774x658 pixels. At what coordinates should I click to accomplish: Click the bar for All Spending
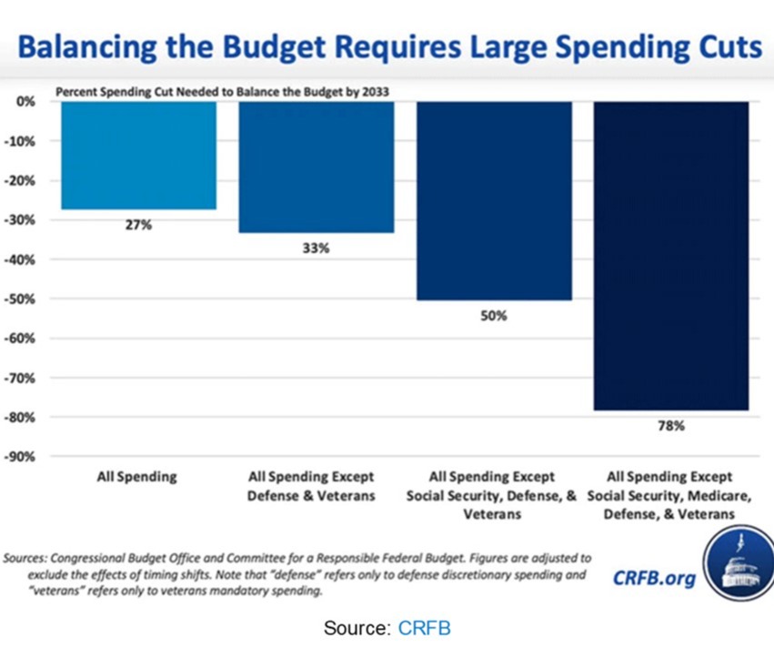(x=139, y=155)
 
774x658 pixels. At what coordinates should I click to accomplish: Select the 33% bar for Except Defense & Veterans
(x=317, y=167)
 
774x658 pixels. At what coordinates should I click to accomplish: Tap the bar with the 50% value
(x=494, y=200)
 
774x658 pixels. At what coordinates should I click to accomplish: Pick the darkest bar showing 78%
(x=671, y=256)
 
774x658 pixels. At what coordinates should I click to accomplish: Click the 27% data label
(x=138, y=226)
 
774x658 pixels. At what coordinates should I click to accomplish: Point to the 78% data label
(x=671, y=426)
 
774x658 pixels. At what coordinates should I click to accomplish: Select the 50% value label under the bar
(x=494, y=316)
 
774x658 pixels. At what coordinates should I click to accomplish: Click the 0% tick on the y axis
(x=25, y=101)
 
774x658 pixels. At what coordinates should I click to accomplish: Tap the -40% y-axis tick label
(x=20, y=260)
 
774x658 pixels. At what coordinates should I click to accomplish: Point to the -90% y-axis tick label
(x=20, y=457)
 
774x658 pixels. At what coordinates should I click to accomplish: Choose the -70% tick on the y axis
(x=20, y=379)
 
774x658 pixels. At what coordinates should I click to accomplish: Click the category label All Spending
(x=137, y=477)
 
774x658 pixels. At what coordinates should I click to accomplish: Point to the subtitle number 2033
(x=375, y=92)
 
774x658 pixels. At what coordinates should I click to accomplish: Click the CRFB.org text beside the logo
(x=654, y=578)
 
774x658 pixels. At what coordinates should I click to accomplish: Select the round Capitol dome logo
(x=739, y=563)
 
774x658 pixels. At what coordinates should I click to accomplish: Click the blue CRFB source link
(x=424, y=628)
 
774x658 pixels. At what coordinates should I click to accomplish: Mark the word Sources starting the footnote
(x=25, y=558)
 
